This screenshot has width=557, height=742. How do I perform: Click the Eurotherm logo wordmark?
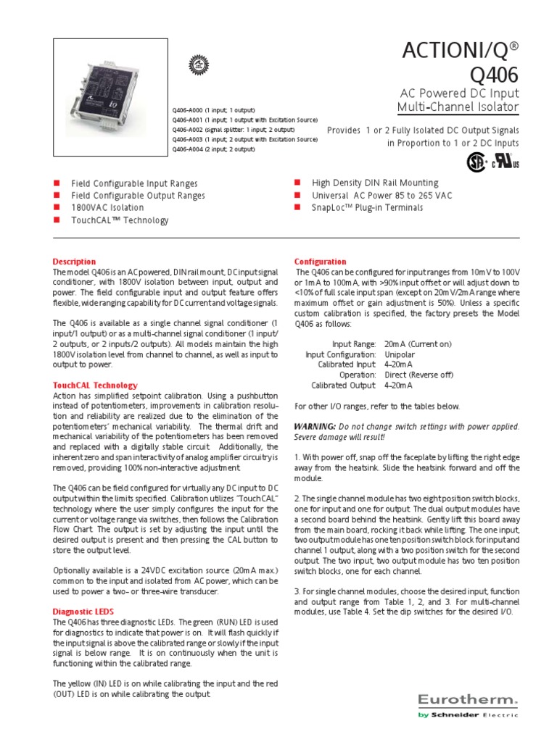pyautogui.click(x=467, y=699)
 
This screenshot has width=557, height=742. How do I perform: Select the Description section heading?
pyautogui.click(x=74, y=262)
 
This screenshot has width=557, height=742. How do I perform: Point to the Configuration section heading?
pyautogui.click(x=320, y=262)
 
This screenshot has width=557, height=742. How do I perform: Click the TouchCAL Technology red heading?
pyautogui.click(x=95, y=385)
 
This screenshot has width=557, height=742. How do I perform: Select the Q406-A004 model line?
pyautogui.click(x=213, y=149)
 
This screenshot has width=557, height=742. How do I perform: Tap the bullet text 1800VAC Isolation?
pyautogui.click(x=107, y=207)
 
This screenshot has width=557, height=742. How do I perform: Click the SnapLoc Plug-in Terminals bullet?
pyautogui.click(x=367, y=208)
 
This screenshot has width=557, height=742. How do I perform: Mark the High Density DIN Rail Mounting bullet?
pyautogui.click(x=375, y=183)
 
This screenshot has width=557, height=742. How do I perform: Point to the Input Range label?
pyautogui.click(x=354, y=344)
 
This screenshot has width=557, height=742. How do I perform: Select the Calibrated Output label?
pyautogui.click(x=344, y=385)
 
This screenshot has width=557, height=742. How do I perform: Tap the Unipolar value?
pyautogui.click(x=400, y=354)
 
